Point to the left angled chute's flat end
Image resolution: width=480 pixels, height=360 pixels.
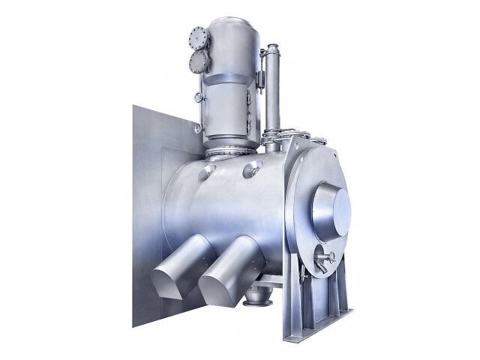164,283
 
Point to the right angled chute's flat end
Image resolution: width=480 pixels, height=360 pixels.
214,289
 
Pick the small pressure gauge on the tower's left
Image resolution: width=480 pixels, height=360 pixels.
196,97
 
